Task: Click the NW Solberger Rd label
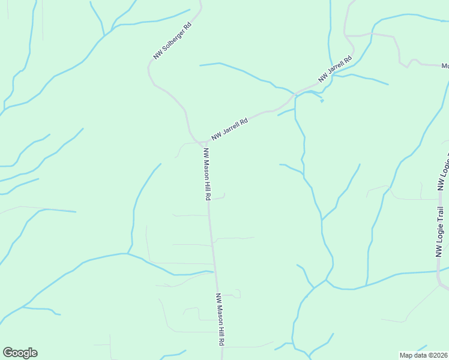(172, 41)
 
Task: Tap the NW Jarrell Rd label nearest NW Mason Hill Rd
(229, 129)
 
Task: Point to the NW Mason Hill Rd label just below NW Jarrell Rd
(206, 174)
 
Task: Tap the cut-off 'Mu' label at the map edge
(445, 65)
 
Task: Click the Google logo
(20, 353)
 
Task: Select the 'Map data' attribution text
(414, 355)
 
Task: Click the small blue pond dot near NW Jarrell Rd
(322, 101)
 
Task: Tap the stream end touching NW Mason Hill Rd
(212, 272)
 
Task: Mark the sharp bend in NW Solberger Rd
(149, 69)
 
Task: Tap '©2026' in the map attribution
(438, 355)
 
